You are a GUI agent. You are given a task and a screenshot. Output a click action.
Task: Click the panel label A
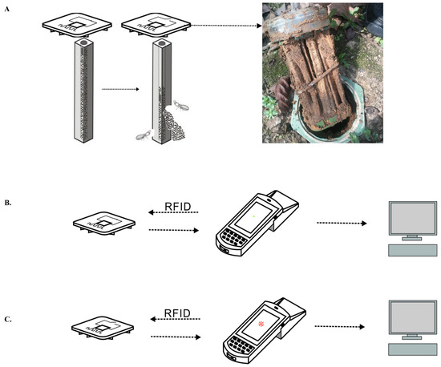[x=7, y=10]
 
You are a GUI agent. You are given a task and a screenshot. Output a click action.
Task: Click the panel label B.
[x=8, y=203]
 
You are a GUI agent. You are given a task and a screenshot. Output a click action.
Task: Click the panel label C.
[x=8, y=319]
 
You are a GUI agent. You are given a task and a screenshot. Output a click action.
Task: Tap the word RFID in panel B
[x=178, y=207]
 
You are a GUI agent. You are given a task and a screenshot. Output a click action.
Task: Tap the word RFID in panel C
[x=177, y=313]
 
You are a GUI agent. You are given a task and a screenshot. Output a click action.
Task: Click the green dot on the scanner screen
[x=254, y=216]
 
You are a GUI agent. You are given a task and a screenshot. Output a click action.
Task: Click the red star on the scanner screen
[x=261, y=324]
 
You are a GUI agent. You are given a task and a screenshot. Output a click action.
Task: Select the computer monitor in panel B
[x=413, y=220]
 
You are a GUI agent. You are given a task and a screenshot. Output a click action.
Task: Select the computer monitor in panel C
[x=413, y=320]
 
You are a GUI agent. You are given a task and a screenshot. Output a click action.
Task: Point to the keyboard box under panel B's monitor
[x=413, y=250]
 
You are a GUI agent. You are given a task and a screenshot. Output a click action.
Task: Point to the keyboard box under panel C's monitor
[x=413, y=349]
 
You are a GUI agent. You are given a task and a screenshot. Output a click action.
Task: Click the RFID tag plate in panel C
[x=103, y=329]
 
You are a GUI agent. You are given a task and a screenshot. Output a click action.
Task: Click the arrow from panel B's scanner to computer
[x=342, y=223]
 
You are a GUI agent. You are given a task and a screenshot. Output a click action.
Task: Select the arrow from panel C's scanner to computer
[x=340, y=327]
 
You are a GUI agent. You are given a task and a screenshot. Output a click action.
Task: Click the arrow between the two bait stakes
[x=120, y=89]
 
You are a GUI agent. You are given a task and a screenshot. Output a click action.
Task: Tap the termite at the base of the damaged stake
[x=144, y=135]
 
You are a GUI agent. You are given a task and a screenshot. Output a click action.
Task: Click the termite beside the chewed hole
[x=181, y=105]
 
